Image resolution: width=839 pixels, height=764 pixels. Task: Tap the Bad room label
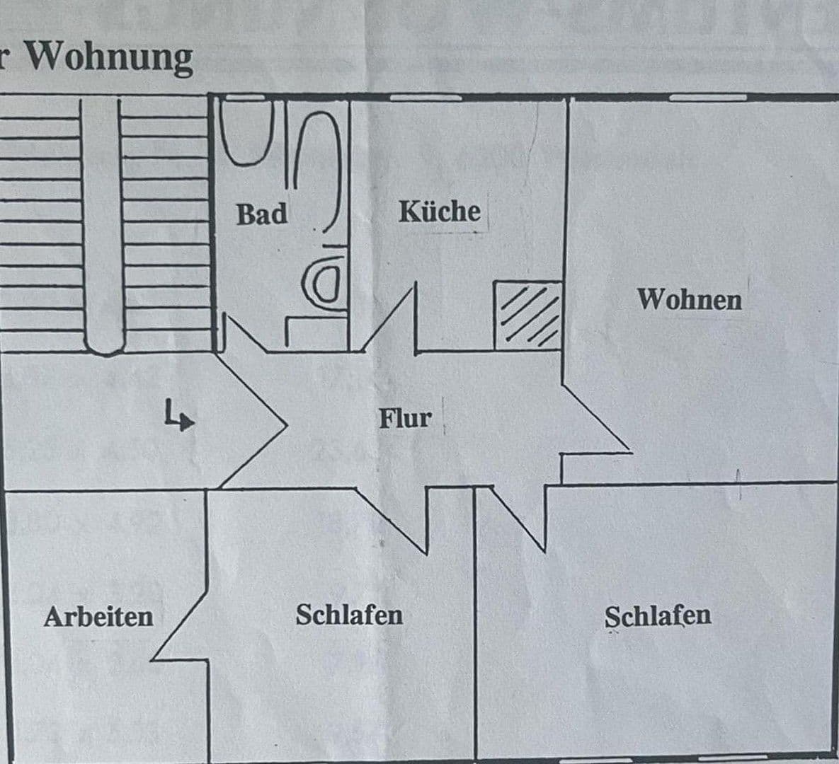tap(262, 214)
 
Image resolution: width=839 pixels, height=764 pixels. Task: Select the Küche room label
tap(439, 211)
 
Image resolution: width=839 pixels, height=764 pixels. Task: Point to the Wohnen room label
tap(690, 299)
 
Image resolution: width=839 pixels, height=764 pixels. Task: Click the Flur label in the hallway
tap(404, 417)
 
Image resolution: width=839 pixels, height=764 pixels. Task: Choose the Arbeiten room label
tap(98, 616)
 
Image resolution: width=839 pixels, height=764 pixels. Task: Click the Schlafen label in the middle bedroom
tap(349, 614)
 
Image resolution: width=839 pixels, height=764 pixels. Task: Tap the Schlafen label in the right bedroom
tap(658, 615)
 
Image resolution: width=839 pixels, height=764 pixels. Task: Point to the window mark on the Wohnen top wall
tap(708, 97)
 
